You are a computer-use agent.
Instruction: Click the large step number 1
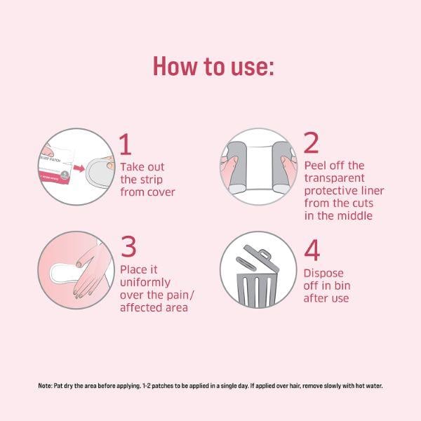(x=126, y=145)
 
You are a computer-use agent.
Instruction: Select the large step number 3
(x=128, y=248)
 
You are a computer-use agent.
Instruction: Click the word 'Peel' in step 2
(x=316, y=166)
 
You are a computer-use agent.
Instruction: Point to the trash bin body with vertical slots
(x=257, y=287)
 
